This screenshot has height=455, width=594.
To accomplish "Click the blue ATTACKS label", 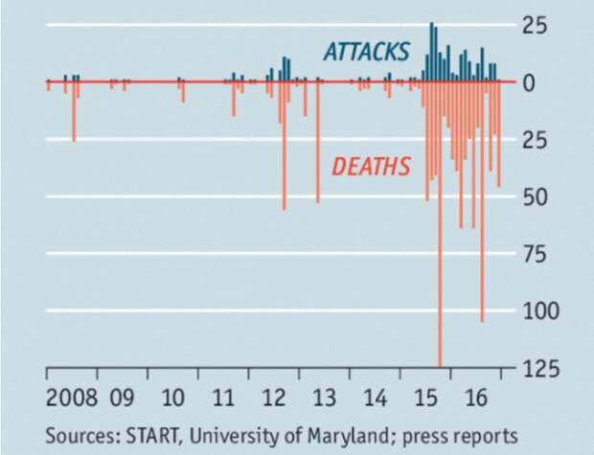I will click(366, 51).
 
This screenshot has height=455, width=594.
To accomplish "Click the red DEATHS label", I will click(371, 167).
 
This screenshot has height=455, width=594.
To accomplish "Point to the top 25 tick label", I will click(537, 26).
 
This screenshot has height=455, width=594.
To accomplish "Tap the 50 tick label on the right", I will click(536, 196).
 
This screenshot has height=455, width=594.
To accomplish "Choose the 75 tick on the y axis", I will click(536, 254).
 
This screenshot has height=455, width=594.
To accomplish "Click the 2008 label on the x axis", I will click(71, 398).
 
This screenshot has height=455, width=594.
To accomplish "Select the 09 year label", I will click(122, 398).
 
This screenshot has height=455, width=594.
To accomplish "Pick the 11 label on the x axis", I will click(223, 398).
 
